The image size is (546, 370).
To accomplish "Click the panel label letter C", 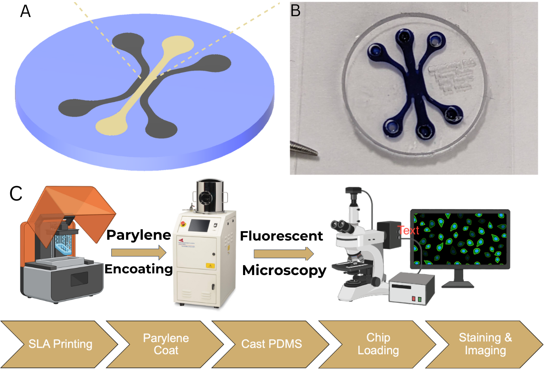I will pyautogui.click(x=16, y=194).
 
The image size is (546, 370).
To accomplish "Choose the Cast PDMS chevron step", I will pyautogui.click(x=266, y=344).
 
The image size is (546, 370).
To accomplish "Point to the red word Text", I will pyautogui.click(x=408, y=230).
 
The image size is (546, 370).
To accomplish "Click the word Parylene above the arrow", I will pyautogui.click(x=139, y=235).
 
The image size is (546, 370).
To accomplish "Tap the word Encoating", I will pyautogui.click(x=139, y=269).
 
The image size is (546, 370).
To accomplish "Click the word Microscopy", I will pyautogui.click(x=284, y=270).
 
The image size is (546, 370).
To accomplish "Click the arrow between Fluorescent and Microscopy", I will pyautogui.click(x=284, y=254).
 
